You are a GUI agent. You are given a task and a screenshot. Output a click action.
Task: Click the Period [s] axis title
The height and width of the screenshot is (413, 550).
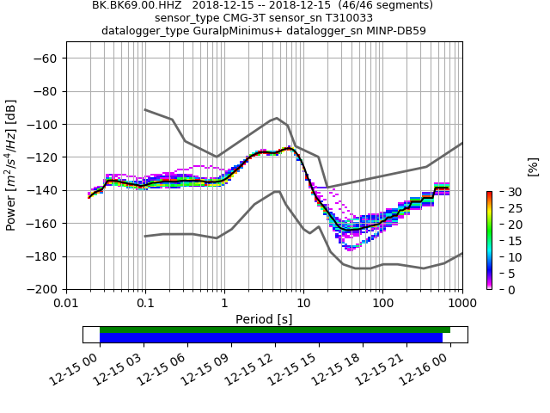tap(264, 319)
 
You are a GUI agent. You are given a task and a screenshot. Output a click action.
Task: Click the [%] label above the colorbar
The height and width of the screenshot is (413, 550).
tap(533, 166)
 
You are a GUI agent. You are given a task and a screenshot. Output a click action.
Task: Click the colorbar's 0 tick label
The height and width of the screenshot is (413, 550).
tap(501, 289)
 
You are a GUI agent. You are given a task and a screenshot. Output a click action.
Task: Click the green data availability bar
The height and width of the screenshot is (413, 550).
tap(275, 330)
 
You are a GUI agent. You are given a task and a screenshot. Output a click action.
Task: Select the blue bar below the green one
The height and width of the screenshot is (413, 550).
tap(271, 338)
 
